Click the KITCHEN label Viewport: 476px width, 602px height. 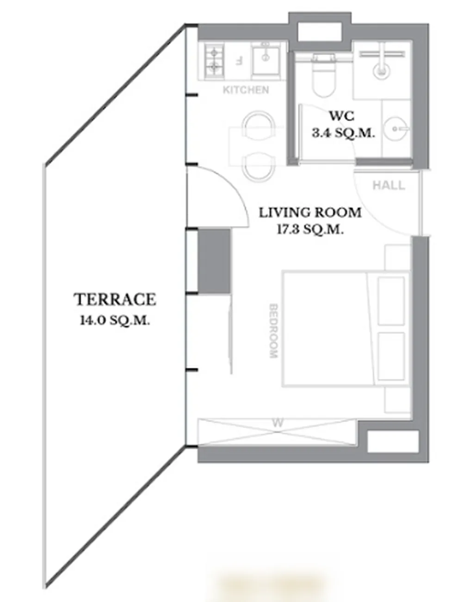tap(246, 90)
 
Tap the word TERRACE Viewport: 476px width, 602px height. tap(115, 300)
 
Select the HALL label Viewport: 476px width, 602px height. tap(389, 186)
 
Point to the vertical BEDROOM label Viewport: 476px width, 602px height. tap(274, 331)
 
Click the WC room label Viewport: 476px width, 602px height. tap(342, 116)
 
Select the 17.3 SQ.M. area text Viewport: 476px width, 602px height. tap(310, 230)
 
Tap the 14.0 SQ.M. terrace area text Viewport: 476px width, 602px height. tap(115, 320)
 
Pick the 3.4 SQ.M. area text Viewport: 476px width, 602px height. tap(343, 133)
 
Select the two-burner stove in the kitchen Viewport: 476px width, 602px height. tap(215, 61)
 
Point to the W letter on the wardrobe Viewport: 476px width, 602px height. tap(278, 423)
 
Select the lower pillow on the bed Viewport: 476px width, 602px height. tap(391, 357)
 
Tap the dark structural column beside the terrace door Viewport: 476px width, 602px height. tap(214, 261)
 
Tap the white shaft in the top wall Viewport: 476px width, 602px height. tap(320, 31)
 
